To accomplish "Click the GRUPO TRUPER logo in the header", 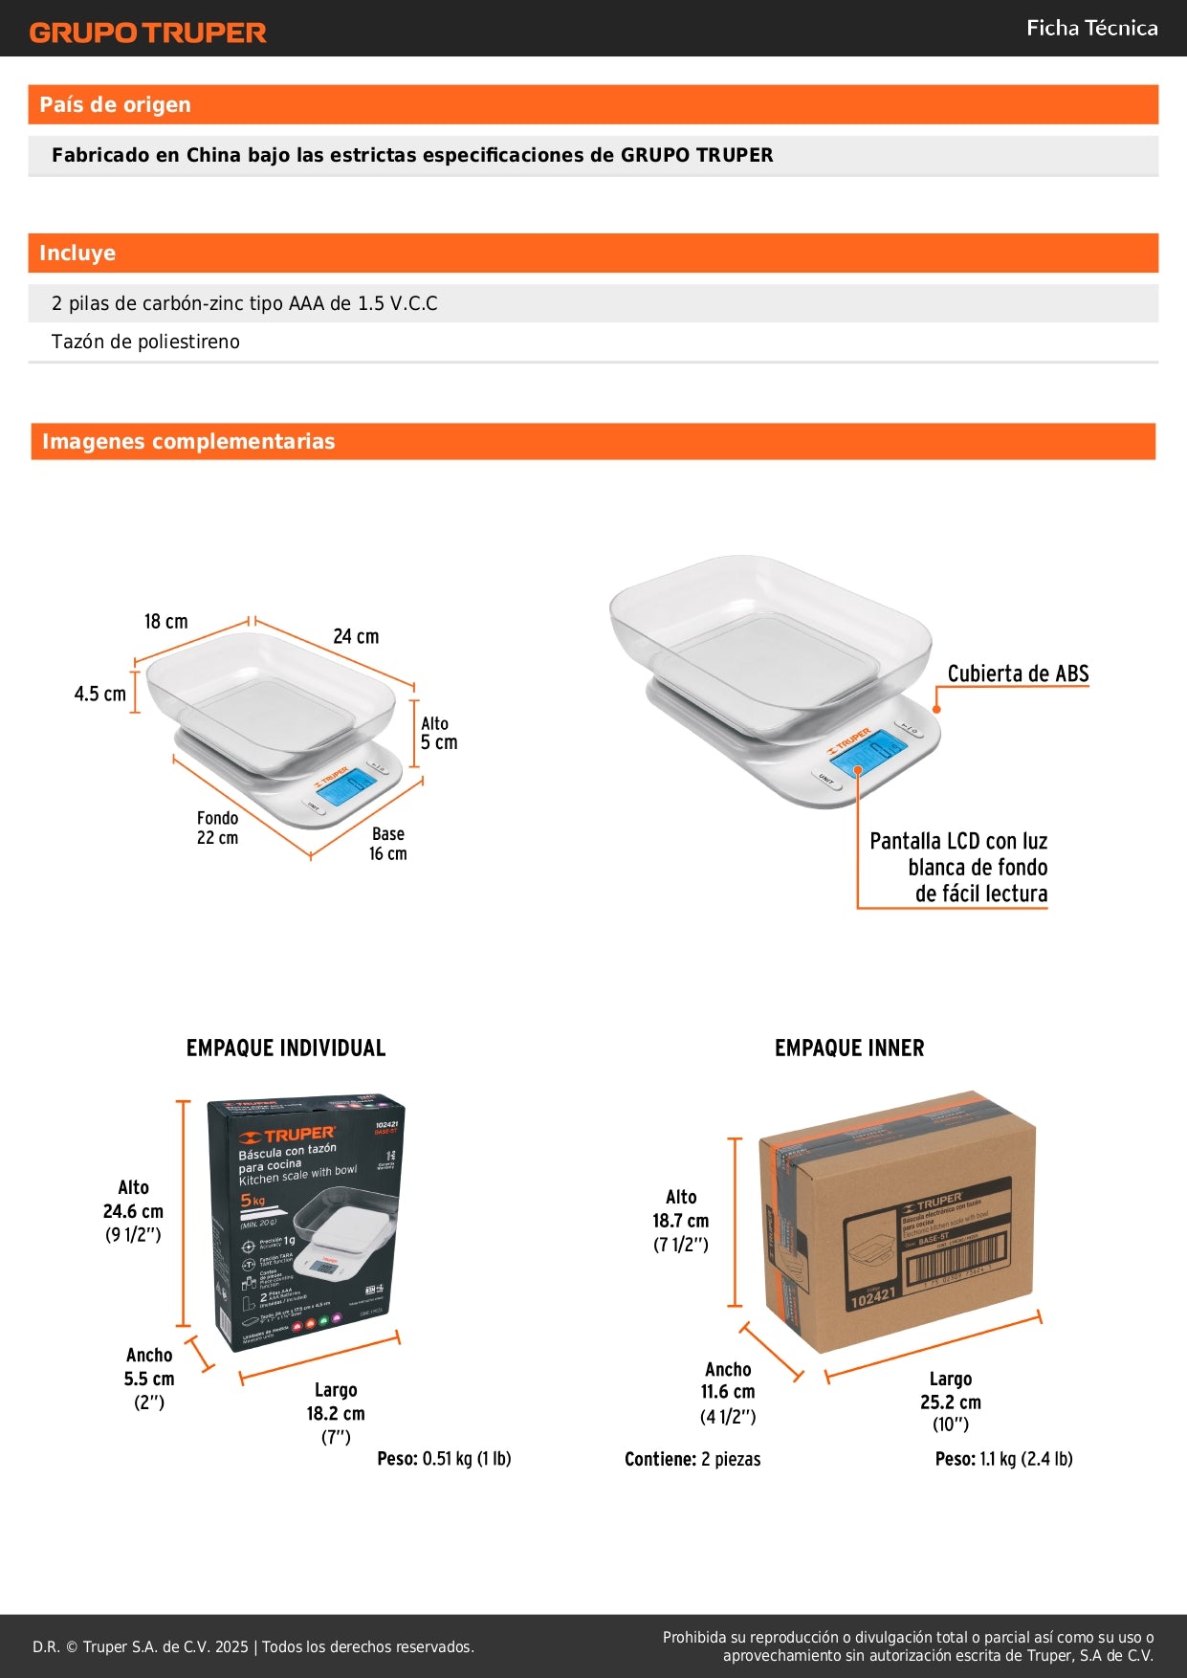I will coord(147,33).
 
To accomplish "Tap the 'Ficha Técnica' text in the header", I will coord(1091,28).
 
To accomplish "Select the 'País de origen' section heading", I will coord(115,104).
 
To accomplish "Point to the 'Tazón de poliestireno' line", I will coord(145,342).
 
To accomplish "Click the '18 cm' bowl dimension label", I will coord(165,622).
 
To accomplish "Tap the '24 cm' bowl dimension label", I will coord(356,636).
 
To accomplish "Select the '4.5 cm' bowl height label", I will coord(99,694).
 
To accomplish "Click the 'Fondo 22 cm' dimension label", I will coord(217,828).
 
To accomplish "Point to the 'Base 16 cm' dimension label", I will coord(388,844).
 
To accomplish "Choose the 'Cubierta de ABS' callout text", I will coord(1018,673).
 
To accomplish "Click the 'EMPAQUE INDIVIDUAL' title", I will coord(286,1048).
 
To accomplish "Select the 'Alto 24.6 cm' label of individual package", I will coord(133,1211).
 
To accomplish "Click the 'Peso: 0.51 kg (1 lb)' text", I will coord(444,1459).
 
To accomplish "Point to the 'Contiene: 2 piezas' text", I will coord(692,1459).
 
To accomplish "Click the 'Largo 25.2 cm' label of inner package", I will coord(951,1402).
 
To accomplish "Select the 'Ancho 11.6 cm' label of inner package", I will coord(728,1392).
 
